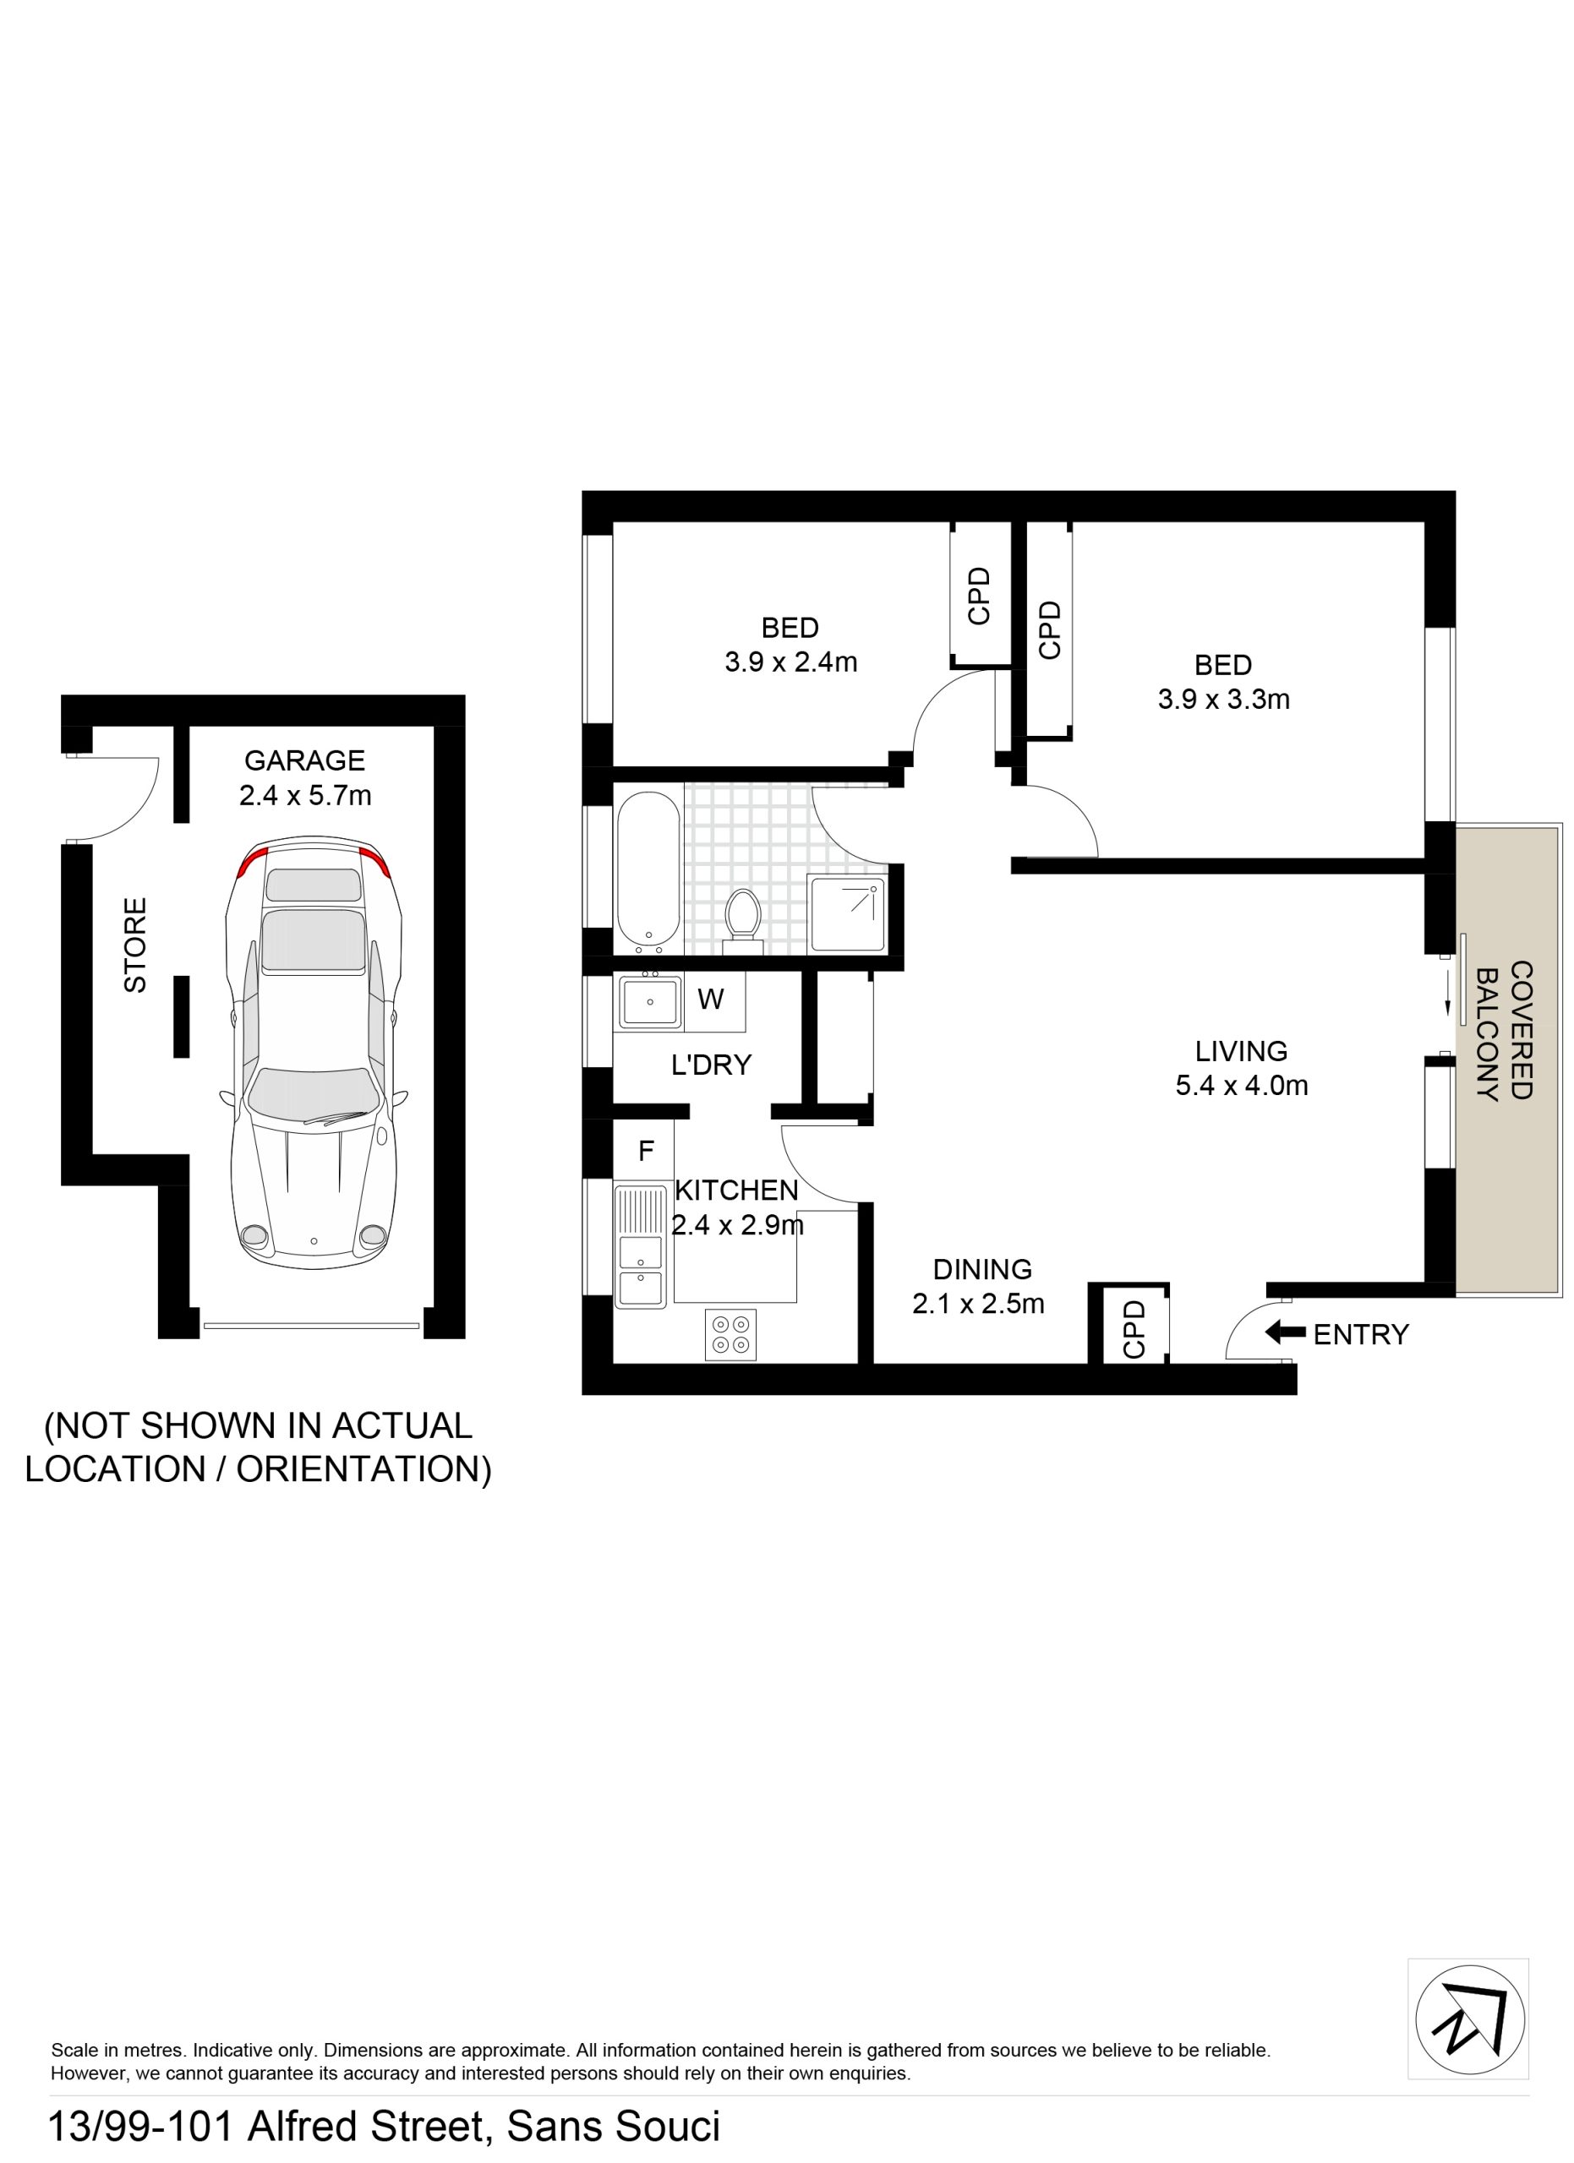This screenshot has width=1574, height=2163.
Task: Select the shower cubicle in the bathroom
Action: tap(846, 914)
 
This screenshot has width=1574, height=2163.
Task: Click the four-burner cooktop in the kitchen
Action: tap(730, 1334)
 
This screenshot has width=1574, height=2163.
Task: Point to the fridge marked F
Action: tap(645, 1151)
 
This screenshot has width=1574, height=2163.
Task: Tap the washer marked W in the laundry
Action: tap(713, 1001)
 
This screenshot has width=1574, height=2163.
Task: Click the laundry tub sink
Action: tap(649, 1001)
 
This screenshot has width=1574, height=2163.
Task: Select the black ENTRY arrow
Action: tap(1285, 1332)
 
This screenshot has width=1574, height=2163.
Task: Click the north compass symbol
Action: tap(1470, 2020)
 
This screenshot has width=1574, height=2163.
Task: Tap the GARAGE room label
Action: tap(304, 761)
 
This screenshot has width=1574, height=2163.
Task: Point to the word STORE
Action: tap(135, 945)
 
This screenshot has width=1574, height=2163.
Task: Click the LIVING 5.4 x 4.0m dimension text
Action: tap(1241, 1086)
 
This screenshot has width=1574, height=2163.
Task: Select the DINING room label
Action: tap(982, 1269)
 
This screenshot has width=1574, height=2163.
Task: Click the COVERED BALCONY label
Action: tap(1505, 1031)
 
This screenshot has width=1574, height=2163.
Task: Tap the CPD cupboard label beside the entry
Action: tap(1134, 1328)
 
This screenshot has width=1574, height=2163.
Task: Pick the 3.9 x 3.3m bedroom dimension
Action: tap(1224, 699)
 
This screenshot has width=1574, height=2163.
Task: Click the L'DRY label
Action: tap(711, 1065)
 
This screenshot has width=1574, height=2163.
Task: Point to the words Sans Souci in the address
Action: tap(614, 2127)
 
